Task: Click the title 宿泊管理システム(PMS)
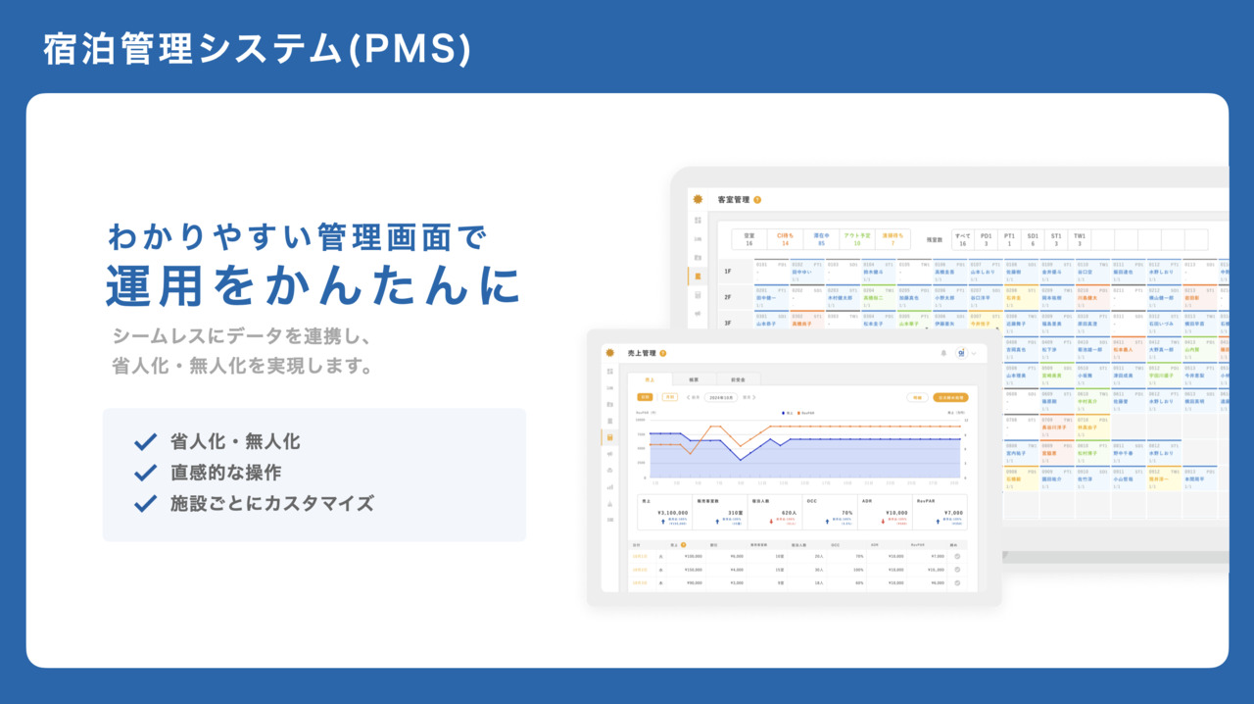(x=257, y=50)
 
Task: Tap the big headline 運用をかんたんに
(x=313, y=286)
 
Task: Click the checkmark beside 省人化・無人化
(x=146, y=442)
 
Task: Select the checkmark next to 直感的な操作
(x=146, y=473)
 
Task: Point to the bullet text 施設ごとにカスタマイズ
(x=271, y=504)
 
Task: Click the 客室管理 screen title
(x=734, y=200)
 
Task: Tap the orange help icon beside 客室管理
(x=757, y=200)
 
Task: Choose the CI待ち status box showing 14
(x=785, y=239)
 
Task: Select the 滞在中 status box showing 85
(x=820, y=239)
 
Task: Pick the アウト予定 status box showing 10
(x=856, y=239)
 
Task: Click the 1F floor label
(x=728, y=272)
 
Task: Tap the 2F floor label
(x=728, y=296)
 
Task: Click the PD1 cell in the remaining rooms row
(x=986, y=239)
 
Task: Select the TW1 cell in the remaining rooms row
(x=1080, y=239)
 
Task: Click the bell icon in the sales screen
(x=942, y=353)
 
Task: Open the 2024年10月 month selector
(x=721, y=397)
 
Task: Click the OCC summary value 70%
(x=847, y=512)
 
